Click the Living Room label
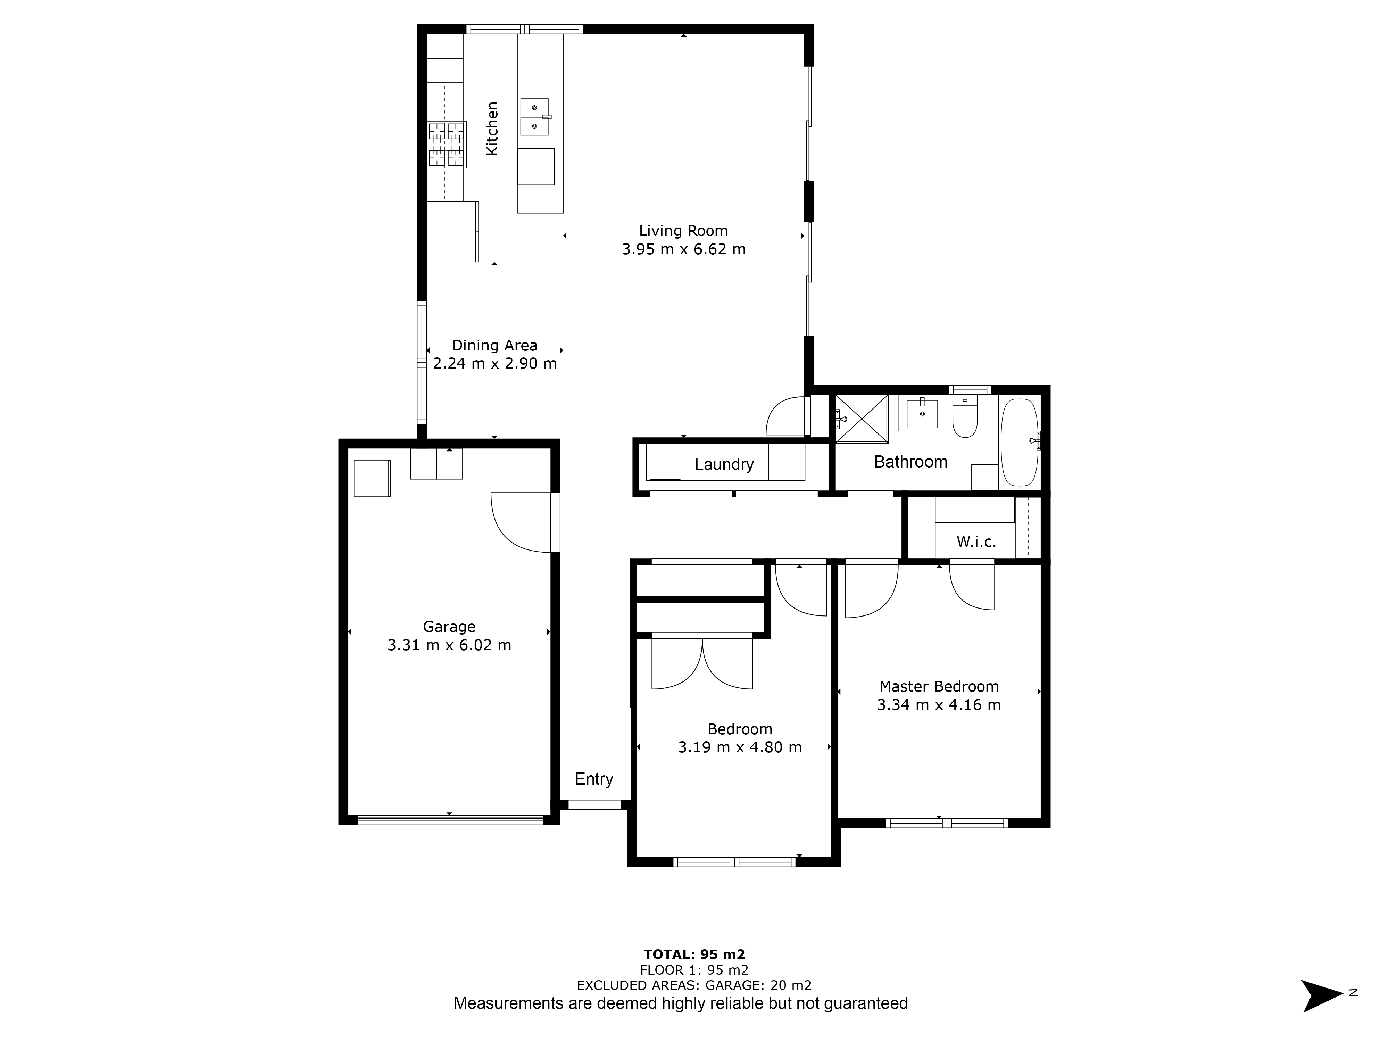(683, 231)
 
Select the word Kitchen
(492, 129)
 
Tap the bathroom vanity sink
(922, 413)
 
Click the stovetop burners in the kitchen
(447, 144)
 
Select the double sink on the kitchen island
(534, 117)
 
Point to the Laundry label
(724, 465)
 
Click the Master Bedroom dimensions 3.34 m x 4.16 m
(939, 705)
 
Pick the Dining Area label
(495, 346)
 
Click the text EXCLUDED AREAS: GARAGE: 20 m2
(694, 985)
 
